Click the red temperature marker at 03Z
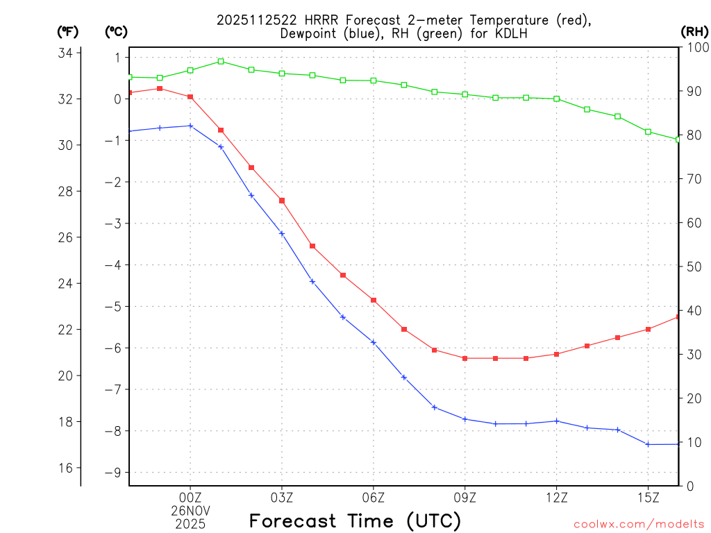click(x=282, y=201)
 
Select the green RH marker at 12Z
click(x=557, y=99)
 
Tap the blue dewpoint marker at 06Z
click(x=374, y=342)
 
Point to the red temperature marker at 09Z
click(x=465, y=358)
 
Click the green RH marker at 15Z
click(x=648, y=132)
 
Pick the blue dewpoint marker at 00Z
click(x=191, y=126)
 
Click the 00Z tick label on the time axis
click(x=191, y=497)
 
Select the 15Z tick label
click(x=648, y=497)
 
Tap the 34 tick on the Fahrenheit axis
click(x=70, y=53)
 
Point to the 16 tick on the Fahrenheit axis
click(x=70, y=468)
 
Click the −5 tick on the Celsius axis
click(x=112, y=306)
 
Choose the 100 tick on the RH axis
click(x=694, y=47)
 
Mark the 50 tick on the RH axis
click(x=692, y=266)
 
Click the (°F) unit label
click(x=68, y=31)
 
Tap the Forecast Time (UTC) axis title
click(x=355, y=521)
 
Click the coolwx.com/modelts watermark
click(x=639, y=523)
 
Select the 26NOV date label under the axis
click(x=191, y=510)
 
